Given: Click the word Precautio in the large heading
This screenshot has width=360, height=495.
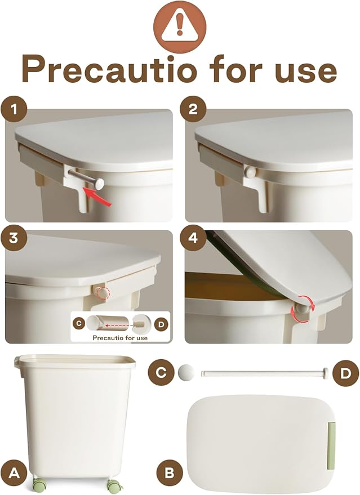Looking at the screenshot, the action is point(109,69).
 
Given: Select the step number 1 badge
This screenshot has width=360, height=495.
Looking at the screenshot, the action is point(14,109).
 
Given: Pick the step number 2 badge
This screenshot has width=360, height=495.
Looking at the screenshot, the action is point(193,109).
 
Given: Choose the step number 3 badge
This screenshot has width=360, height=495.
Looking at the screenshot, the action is point(14,238).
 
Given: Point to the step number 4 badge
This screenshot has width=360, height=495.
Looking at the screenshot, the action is point(193,238).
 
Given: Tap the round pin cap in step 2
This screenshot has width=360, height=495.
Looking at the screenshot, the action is point(250,172).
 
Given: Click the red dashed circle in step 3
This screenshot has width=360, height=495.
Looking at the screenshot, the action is point(103,293).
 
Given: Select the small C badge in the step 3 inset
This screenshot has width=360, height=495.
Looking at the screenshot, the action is point(79,324).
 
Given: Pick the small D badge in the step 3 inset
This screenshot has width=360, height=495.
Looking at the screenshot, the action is point(161,324).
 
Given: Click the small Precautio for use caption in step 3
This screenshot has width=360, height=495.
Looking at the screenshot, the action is point(120,338).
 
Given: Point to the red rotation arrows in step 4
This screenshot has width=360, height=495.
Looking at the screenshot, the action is point(302,309).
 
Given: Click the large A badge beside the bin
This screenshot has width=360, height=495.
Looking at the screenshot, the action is point(14,473).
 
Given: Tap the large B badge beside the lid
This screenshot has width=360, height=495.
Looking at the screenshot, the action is point(170,473).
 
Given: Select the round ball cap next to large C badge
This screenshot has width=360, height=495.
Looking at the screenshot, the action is point(186,372).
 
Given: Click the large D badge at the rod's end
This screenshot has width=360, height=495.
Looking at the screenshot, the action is point(346,373).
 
